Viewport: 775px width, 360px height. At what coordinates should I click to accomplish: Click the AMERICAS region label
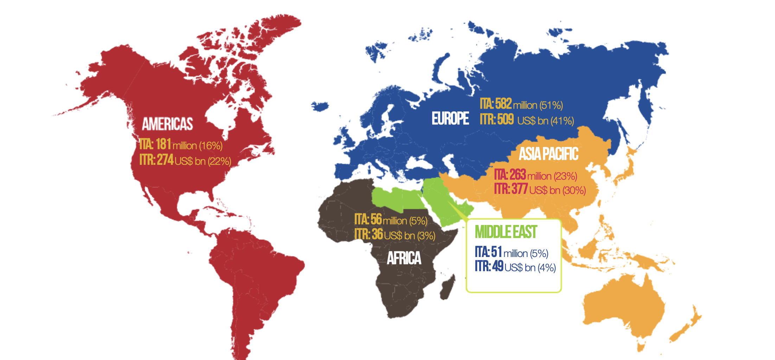point(167,124)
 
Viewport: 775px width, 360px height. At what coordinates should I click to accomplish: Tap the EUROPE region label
point(450,118)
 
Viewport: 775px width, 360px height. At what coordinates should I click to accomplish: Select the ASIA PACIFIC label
point(549,154)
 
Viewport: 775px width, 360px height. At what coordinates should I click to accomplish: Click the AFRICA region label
point(404,258)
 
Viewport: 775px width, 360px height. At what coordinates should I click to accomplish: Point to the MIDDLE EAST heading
point(506,232)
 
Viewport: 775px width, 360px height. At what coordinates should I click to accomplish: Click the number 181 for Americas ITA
point(164,144)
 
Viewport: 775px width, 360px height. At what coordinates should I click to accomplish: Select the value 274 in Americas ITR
point(165,160)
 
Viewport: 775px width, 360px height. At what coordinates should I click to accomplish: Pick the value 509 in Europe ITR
point(505,120)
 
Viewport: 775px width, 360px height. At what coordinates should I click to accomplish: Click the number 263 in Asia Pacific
point(518,174)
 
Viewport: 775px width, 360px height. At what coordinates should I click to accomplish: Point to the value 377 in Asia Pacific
point(519,189)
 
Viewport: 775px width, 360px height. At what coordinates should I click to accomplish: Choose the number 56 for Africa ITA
point(376,219)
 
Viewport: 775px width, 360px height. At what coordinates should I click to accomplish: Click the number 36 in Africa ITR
point(377,234)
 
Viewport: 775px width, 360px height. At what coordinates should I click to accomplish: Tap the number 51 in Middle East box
point(497,252)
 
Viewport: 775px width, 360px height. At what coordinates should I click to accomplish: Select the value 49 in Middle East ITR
point(498,266)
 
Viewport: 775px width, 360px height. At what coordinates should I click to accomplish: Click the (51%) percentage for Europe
point(551,105)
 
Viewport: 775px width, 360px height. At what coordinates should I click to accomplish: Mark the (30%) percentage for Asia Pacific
point(575,191)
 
